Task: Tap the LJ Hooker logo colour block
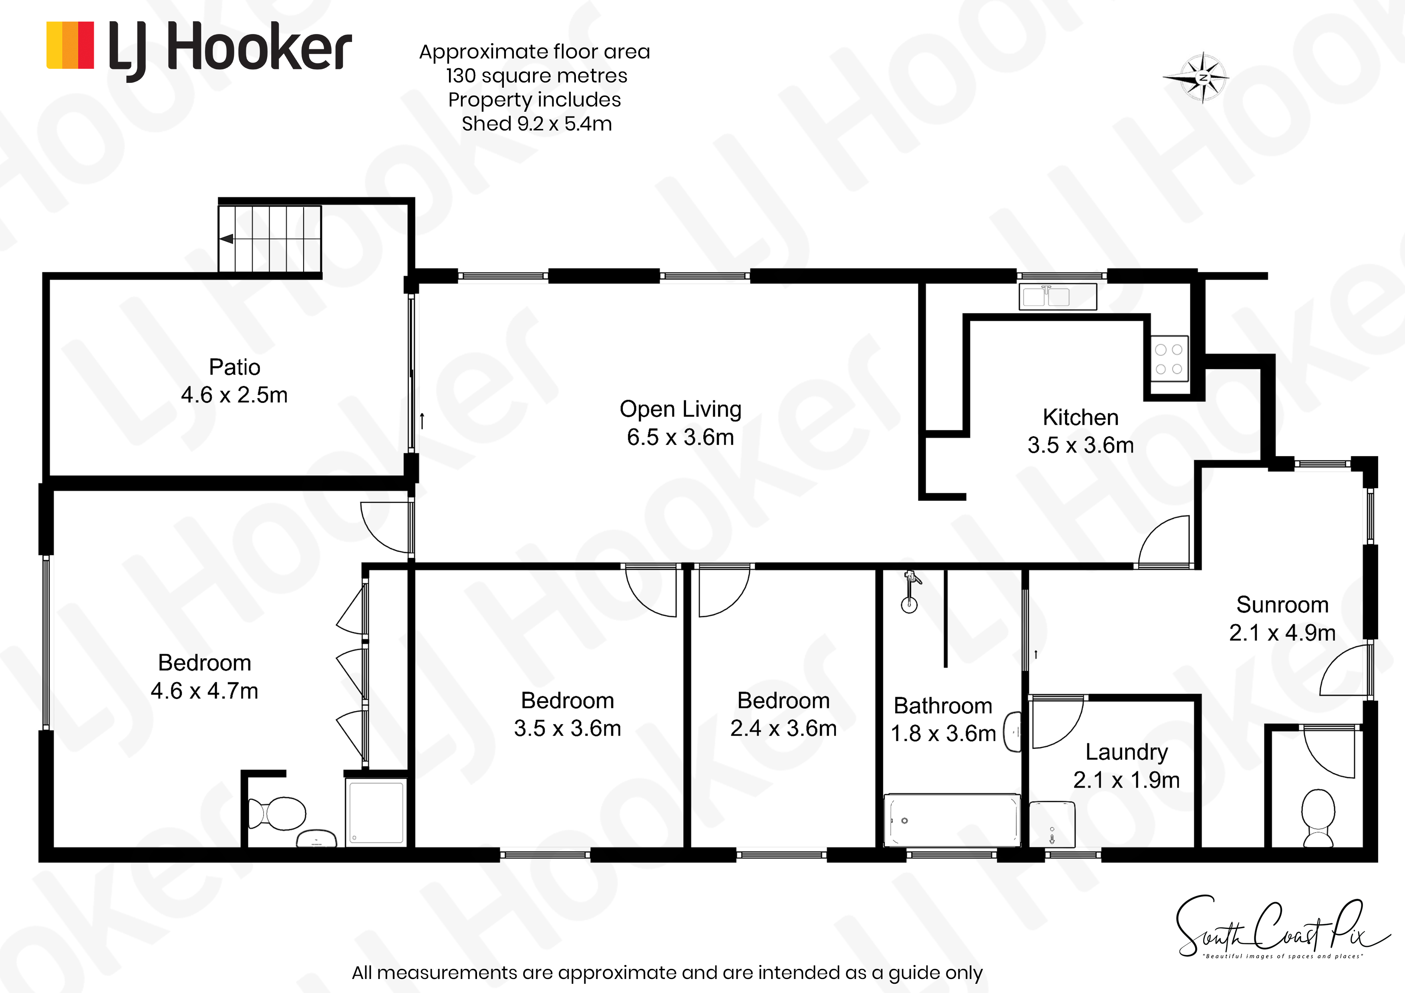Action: (70, 45)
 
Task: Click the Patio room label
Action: (234, 367)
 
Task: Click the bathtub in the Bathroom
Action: (952, 820)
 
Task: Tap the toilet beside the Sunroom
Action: (1318, 817)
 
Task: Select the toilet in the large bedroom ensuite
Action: (277, 813)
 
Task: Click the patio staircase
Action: (270, 239)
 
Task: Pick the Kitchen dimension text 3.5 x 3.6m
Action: (1081, 445)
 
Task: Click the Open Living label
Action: (680, 409)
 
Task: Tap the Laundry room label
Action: (1127, 752)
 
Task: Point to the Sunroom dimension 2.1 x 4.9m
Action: (1282, 633)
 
